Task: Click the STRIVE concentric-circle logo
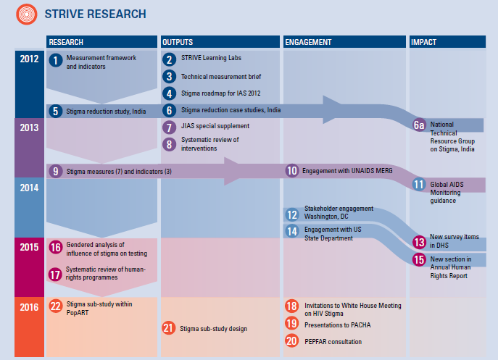pos(28,13)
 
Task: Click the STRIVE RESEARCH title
pos(96,14)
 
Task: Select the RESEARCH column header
pos(66,42)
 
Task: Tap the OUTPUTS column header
pos(178,42)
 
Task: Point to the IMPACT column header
pos(424,42)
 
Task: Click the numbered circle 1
pos(56,61)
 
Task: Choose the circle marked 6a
pos(418,125)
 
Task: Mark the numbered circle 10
pos(292,171)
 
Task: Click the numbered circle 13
pos(419,243)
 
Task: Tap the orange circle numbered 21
pos(169,328)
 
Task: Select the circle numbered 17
pos(56,275)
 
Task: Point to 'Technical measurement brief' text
pos(220,76)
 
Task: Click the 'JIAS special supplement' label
pos(215,127)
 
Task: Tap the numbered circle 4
pos(170,93)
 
